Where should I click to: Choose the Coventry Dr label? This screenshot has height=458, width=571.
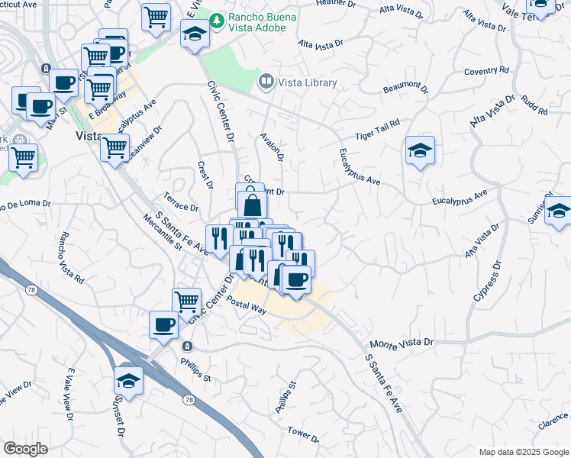point(486,72)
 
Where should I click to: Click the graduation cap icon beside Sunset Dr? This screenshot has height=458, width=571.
point(129,381)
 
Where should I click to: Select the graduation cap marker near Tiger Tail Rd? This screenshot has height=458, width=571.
point(420,151)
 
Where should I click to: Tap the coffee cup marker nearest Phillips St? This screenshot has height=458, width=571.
point(163,325)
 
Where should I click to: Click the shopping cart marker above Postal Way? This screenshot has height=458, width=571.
point(186,301)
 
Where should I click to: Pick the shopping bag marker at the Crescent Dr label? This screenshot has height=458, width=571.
point(253,205)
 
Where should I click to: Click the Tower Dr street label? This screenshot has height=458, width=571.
point(303,434)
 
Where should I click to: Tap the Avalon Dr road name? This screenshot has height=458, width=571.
point(272,147)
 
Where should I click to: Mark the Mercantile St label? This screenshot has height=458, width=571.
point(163,232)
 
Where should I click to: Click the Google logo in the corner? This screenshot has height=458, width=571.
point(25,449)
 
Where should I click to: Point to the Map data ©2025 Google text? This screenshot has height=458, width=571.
point(523,452)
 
